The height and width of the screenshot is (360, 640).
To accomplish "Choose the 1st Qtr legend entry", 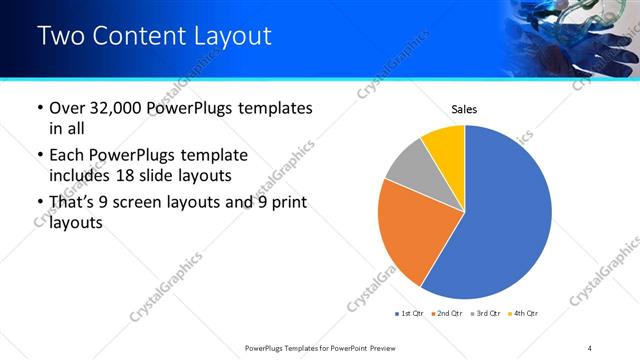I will coord(410,314).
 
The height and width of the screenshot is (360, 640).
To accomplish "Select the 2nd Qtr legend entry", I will coord(446,314).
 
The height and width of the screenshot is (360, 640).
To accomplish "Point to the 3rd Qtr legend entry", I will coord(483,314).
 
